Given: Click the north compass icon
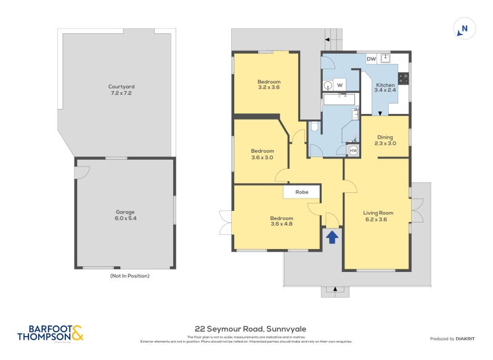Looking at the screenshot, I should [464, 28].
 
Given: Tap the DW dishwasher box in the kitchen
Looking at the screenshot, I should [371, 59].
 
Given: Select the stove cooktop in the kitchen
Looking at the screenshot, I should [404, 78].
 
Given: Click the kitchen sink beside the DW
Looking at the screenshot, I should [386, 59].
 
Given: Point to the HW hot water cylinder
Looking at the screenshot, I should [353, 150].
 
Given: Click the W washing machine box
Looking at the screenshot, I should [339, 84].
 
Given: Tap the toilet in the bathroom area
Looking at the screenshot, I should [314, 127].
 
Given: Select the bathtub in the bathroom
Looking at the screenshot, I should [340, 99].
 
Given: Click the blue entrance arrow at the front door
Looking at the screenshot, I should [332, 237].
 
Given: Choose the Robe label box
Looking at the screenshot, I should [301, 192].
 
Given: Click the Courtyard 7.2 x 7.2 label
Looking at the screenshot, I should [121, 90].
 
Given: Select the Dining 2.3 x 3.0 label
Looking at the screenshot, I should [385, 141].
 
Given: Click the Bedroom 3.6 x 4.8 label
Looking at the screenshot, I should [281, 221].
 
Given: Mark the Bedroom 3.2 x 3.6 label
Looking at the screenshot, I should [269, 84].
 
